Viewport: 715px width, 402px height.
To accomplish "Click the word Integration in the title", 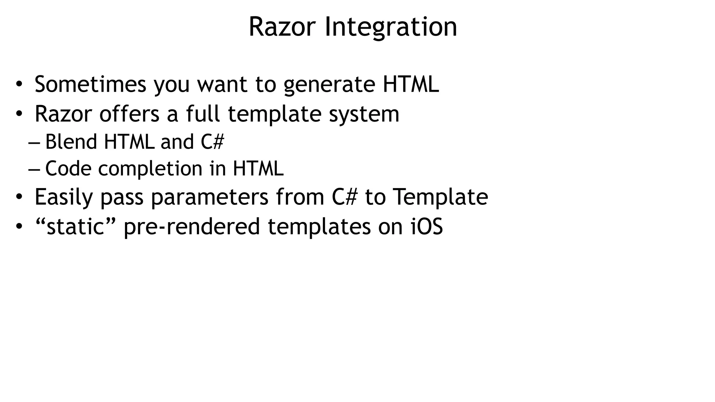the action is pyautogui.click(x=391, y=27).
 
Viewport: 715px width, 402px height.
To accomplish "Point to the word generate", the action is pyautogui.click(x=329, y=85).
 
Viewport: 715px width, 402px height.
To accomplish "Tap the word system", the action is pyautogui.click(x=364, y=114).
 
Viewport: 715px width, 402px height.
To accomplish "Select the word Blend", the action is pyautogui.click(x=71, y=142).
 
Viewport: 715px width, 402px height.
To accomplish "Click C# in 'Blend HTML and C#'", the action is pyautogui.click(x=212, y=142).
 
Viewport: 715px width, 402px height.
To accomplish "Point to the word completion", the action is pyautogui.click(x=150, y=169).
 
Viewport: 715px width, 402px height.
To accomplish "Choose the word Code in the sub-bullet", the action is pyautogui.click(x=68, y=169).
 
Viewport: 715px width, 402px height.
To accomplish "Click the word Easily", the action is pyautogui.click(x=64, y=198).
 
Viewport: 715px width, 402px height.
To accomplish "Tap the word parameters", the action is pyautogui.click(x=209, y=198).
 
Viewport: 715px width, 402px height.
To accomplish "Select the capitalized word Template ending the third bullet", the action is pyautogui.click(x=440, y=197).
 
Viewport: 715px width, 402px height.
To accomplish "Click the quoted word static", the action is pyautogui.click(x=76, y=226).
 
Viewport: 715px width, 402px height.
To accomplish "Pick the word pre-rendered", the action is pyautogui.click(x=192, y=227).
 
